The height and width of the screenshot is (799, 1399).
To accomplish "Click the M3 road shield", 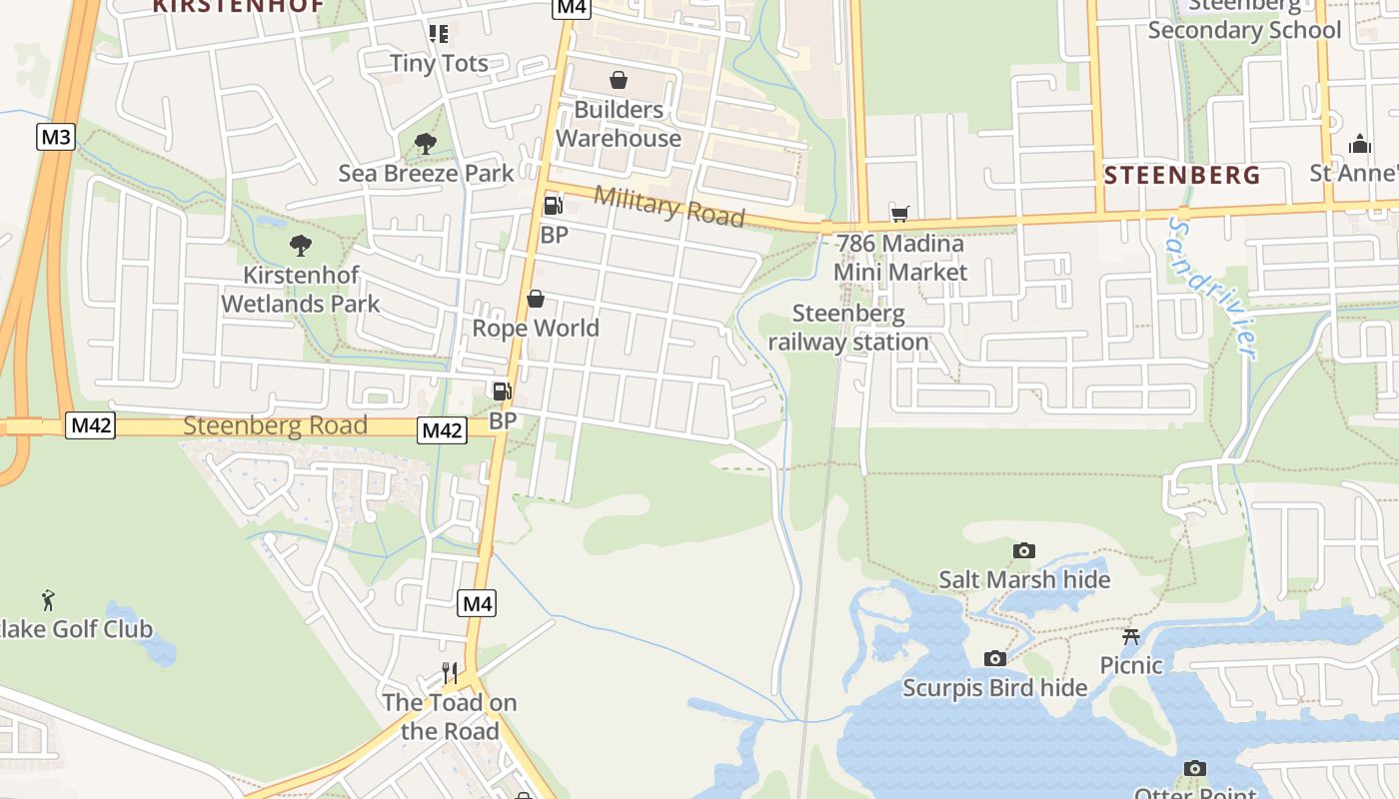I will tap(55, 137).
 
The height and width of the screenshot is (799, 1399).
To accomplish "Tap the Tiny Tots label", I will tap(439, 63).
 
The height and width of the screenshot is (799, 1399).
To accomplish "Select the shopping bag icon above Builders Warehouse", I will tap(619, 80).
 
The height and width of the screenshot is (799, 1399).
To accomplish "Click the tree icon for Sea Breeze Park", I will tap(426, 144).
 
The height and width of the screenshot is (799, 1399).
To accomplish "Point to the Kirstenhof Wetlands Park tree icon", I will tap(300, 246).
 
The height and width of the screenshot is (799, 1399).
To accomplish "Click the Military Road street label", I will tap(670, 206).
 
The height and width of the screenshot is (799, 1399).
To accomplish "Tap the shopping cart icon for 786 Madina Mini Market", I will tap(900, 214).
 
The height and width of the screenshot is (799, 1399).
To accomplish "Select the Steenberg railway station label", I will tap(848, 328).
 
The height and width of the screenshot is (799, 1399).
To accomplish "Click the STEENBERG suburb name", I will tap(1182, 176).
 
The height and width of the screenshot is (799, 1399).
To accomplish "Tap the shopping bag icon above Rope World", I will tap(536, 300).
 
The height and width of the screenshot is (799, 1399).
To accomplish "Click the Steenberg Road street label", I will tap(275, 426).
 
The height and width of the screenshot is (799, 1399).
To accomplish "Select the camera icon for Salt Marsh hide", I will tap(1023, 551).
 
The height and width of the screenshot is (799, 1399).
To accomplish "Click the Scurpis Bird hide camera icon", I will tap(994, 659).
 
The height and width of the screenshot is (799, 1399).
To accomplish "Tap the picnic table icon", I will tap(1131, 636).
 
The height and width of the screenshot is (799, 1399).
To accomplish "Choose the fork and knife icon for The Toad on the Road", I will tap(450, 673).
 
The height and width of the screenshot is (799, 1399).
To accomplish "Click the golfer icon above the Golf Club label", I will tap(48, 600).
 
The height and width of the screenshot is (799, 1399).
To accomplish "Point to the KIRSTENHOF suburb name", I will tap(238, 5).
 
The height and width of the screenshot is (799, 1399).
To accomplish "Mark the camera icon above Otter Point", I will tap(1194, 768).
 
